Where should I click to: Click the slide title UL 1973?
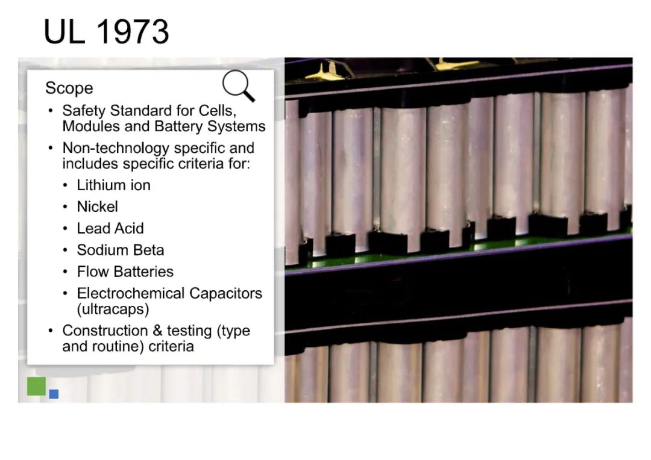click(x=106, y=31)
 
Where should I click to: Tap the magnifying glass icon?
click(x=238, y=85)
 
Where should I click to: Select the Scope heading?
click(x=69, y=88)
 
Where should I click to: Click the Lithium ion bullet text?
click(x=113, y=185)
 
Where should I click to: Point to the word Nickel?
click(x=97, y=207)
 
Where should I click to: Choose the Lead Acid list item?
click(x=110, y=228)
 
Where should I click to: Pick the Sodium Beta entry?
click(x=121, y=250)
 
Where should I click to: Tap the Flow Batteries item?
click(x=125, y=272)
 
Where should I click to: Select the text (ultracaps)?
click(x=113, y=309)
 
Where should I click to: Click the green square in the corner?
click(x=37, y=386)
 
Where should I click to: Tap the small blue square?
click(x=54, y=394)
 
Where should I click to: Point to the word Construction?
click(x=105, y=331)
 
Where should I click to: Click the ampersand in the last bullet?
click(x=157, y=331)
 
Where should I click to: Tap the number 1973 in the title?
click(x=133, y=31)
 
